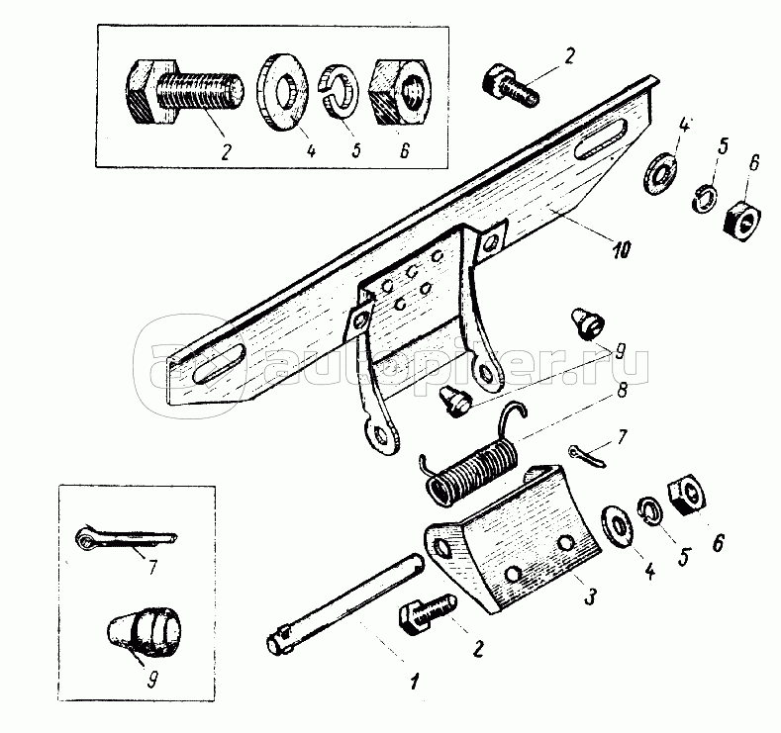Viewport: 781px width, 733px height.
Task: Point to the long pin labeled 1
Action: [344, 603]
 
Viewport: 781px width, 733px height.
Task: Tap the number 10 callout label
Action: [621, 249]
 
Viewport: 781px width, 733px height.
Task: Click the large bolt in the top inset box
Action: [182, 93]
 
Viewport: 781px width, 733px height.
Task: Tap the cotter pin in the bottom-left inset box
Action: [126, 538]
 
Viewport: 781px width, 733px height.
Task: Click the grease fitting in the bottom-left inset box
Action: [145, 630]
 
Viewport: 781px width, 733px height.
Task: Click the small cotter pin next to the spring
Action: [588, 457]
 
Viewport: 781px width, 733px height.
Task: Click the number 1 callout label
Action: [414, 681]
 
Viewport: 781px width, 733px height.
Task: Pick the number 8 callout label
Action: [621, 390]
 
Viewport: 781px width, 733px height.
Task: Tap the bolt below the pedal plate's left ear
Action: [427, 613]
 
